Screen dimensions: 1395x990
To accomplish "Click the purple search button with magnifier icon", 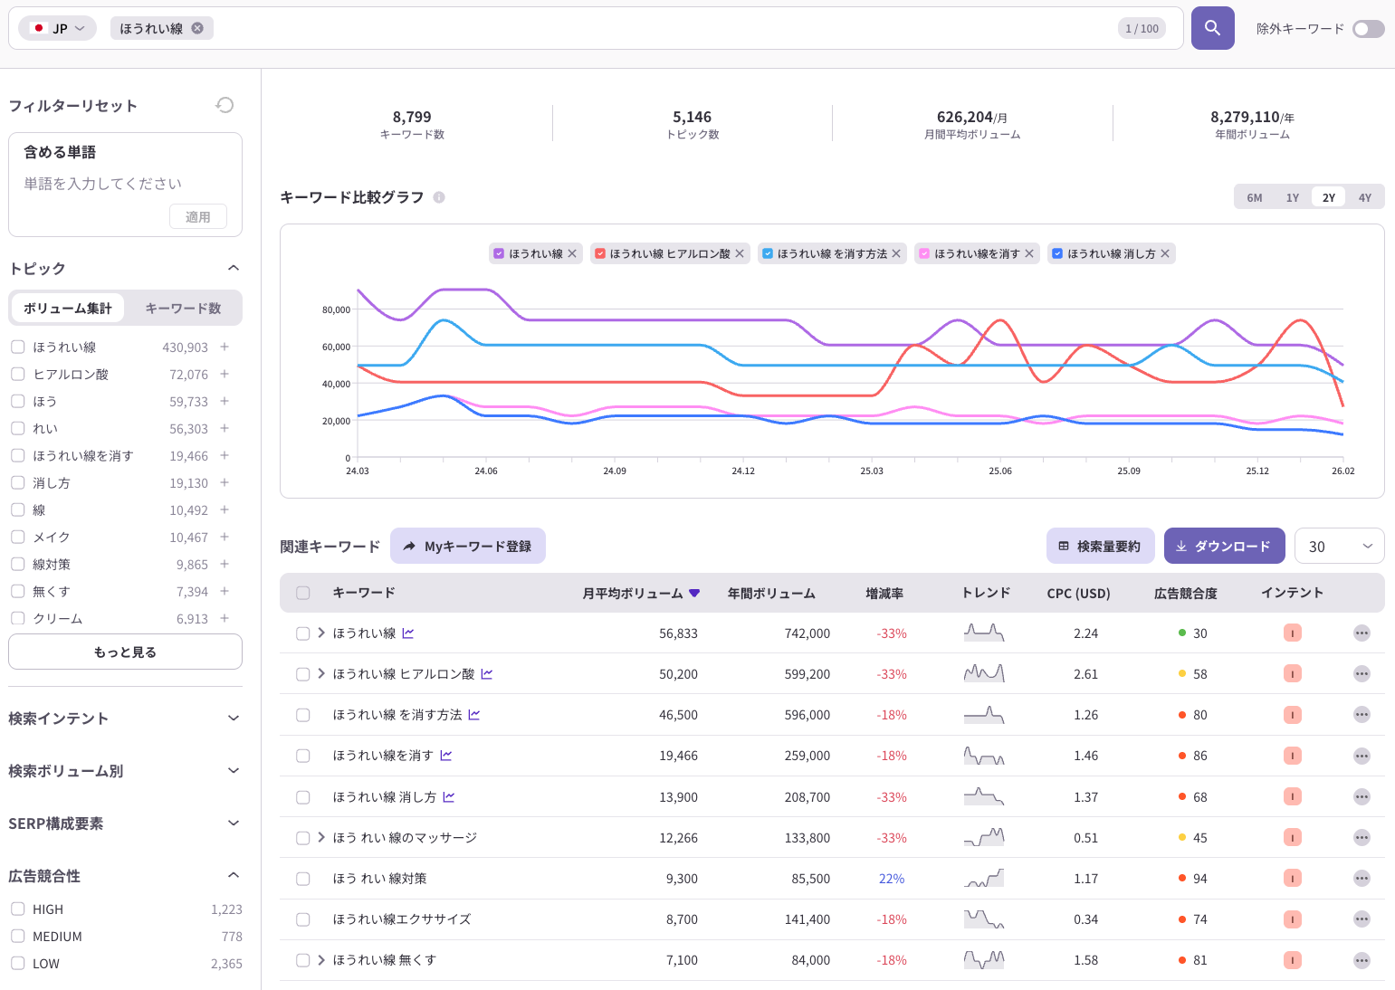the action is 1212,28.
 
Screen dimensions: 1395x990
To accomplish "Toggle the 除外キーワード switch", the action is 1368,29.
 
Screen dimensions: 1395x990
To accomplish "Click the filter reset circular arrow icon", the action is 225,105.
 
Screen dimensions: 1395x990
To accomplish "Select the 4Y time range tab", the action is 1364,197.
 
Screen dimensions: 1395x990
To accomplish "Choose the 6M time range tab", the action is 1255,197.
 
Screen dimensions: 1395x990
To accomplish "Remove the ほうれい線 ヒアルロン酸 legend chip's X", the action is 740,253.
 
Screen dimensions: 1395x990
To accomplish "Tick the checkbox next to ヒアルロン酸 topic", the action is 18,375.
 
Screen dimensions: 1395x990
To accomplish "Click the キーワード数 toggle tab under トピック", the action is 183,309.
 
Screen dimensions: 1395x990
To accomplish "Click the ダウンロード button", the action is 1225,546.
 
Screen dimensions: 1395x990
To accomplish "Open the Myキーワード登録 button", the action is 468,546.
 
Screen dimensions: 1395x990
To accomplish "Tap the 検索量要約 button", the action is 1100,546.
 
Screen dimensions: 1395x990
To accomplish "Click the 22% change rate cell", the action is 891,879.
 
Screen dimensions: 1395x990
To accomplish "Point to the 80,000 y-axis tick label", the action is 336,309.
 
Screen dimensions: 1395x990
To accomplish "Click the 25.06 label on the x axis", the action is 1000,471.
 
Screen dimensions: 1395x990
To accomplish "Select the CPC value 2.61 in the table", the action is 1085,673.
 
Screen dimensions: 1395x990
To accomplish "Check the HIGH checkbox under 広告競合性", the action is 18,909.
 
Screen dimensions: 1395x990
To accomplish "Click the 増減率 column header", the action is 884,593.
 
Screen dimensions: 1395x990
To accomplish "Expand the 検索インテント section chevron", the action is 234,718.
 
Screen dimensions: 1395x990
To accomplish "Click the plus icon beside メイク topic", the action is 225,537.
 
